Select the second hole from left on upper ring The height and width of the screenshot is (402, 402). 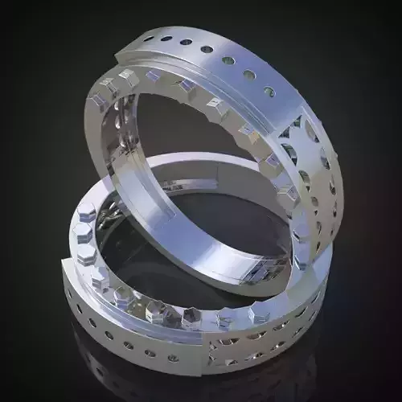[x=166, y=38]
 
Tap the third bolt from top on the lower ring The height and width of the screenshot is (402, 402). [x=87, y=255]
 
